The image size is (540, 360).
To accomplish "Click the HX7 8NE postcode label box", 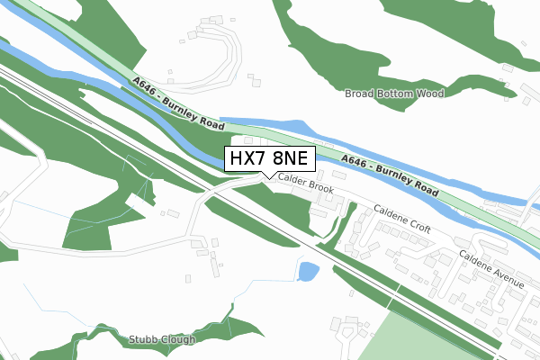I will click(269, 158).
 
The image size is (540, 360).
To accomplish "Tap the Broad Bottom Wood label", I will click(394, 93).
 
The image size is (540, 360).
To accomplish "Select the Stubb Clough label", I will click(162, 340).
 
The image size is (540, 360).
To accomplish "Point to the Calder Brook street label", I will click(306, 184).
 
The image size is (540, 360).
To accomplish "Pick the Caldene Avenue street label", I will click(491, 269).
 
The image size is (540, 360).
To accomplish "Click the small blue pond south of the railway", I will click(308, 271).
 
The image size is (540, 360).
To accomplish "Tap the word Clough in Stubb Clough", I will click(178, 340).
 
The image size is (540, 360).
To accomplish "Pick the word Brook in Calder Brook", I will click(319, 188).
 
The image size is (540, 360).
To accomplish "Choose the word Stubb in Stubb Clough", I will click(143, 340).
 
